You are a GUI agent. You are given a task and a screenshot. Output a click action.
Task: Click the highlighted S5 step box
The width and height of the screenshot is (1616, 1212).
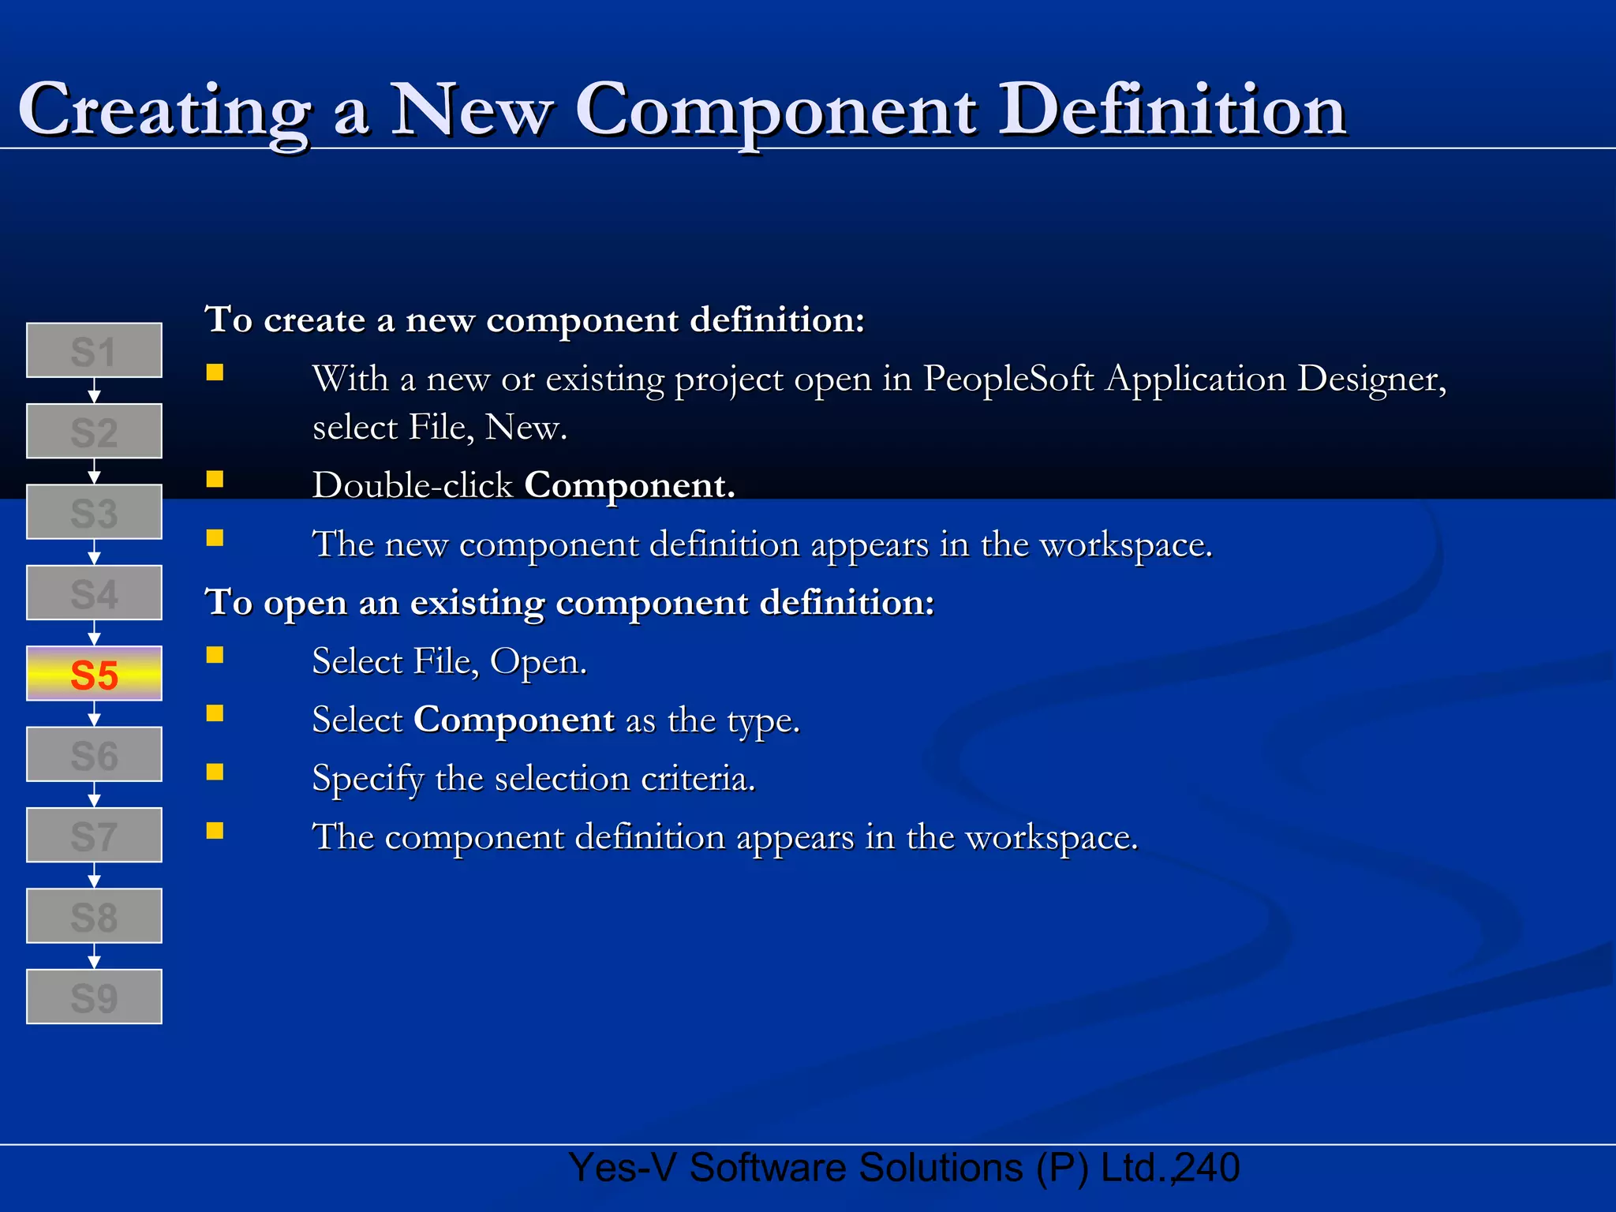click(x=94, y=674)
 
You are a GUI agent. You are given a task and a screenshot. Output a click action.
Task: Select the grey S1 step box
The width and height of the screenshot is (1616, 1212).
click(x=94, y=350)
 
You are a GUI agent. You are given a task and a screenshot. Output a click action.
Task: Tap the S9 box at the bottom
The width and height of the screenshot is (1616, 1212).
click(x=94, y=997)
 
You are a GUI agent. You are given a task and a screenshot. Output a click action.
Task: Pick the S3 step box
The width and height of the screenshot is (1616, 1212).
click(x=94, y=512)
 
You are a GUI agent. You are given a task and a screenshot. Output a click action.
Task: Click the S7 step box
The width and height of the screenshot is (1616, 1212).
click(x=94, y=835)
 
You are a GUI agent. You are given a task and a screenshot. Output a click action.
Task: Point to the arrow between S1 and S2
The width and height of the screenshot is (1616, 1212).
click(x=94, y=391)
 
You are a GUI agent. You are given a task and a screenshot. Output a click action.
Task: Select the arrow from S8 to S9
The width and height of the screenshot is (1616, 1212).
click(x=94, y=956)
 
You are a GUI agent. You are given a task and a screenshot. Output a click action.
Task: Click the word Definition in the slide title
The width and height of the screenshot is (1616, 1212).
click(x=1172, y=110)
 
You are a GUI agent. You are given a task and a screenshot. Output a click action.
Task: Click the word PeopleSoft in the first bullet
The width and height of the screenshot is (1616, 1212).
click(x=1008, y=379)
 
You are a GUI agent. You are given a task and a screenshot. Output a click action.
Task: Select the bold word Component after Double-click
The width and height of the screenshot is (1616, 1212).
click(x=629, y=484)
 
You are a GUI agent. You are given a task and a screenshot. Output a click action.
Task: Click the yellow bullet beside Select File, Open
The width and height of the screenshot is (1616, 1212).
click(x=215, y=655)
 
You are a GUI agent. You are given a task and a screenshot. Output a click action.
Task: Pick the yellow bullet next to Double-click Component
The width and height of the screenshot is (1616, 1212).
click(x=215, y=479)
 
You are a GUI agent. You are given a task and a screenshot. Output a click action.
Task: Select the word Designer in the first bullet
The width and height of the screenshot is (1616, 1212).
click(x=1371, y=379)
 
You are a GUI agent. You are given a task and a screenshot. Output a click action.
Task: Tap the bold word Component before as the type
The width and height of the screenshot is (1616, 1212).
click(x=514, y=720)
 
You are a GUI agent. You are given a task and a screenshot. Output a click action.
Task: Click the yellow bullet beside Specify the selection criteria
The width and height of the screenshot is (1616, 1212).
click(x=215, y=772)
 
